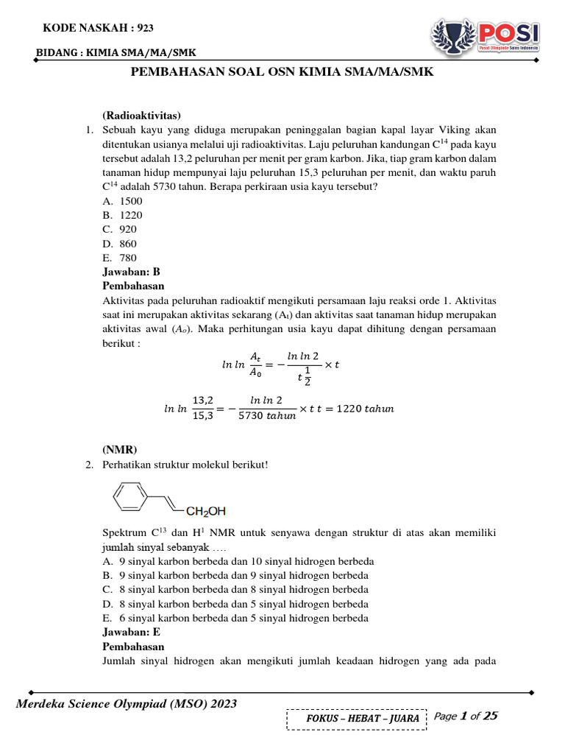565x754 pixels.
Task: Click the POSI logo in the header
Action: (486, 35)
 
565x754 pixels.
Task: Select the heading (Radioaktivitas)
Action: (141, 116)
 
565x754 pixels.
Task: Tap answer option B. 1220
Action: (123, 215)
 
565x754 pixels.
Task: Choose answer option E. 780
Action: (120, 258)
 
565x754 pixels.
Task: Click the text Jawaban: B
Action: (131, 272)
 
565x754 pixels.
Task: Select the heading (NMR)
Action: (120, 450)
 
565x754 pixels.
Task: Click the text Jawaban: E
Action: (131, 632)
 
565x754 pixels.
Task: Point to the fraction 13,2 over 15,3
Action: (203, 408)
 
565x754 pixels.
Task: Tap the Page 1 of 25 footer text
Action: (466, 716)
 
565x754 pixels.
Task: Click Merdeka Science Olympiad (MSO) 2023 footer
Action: (127, 704)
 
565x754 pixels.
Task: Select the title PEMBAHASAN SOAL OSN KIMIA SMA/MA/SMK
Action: (282, 72)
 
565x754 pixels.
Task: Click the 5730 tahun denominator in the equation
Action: (268, 415)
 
